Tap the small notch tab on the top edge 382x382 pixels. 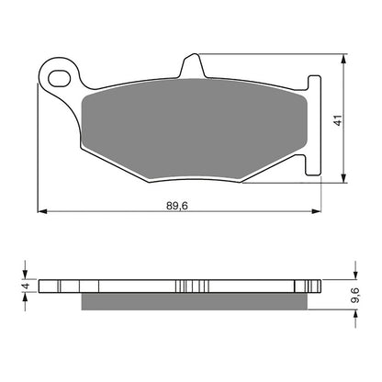point(193,65)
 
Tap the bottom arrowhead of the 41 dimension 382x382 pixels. point(345,180)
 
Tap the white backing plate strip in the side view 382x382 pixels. point(110,285)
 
